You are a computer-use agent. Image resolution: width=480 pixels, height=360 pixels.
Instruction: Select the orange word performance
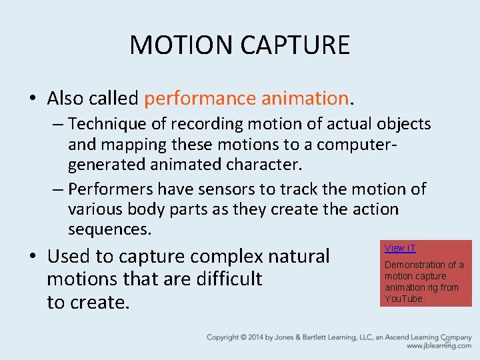click(x=199, y=99)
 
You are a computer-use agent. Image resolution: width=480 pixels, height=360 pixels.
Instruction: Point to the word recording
click(x=201, y=124)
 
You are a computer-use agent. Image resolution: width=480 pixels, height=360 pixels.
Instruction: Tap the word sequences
click(x=109, y=230)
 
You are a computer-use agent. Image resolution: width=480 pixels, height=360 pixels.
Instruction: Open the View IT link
click(x=400, y=249)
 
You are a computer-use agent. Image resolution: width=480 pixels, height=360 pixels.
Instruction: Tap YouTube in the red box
click(x=404, y=299)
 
